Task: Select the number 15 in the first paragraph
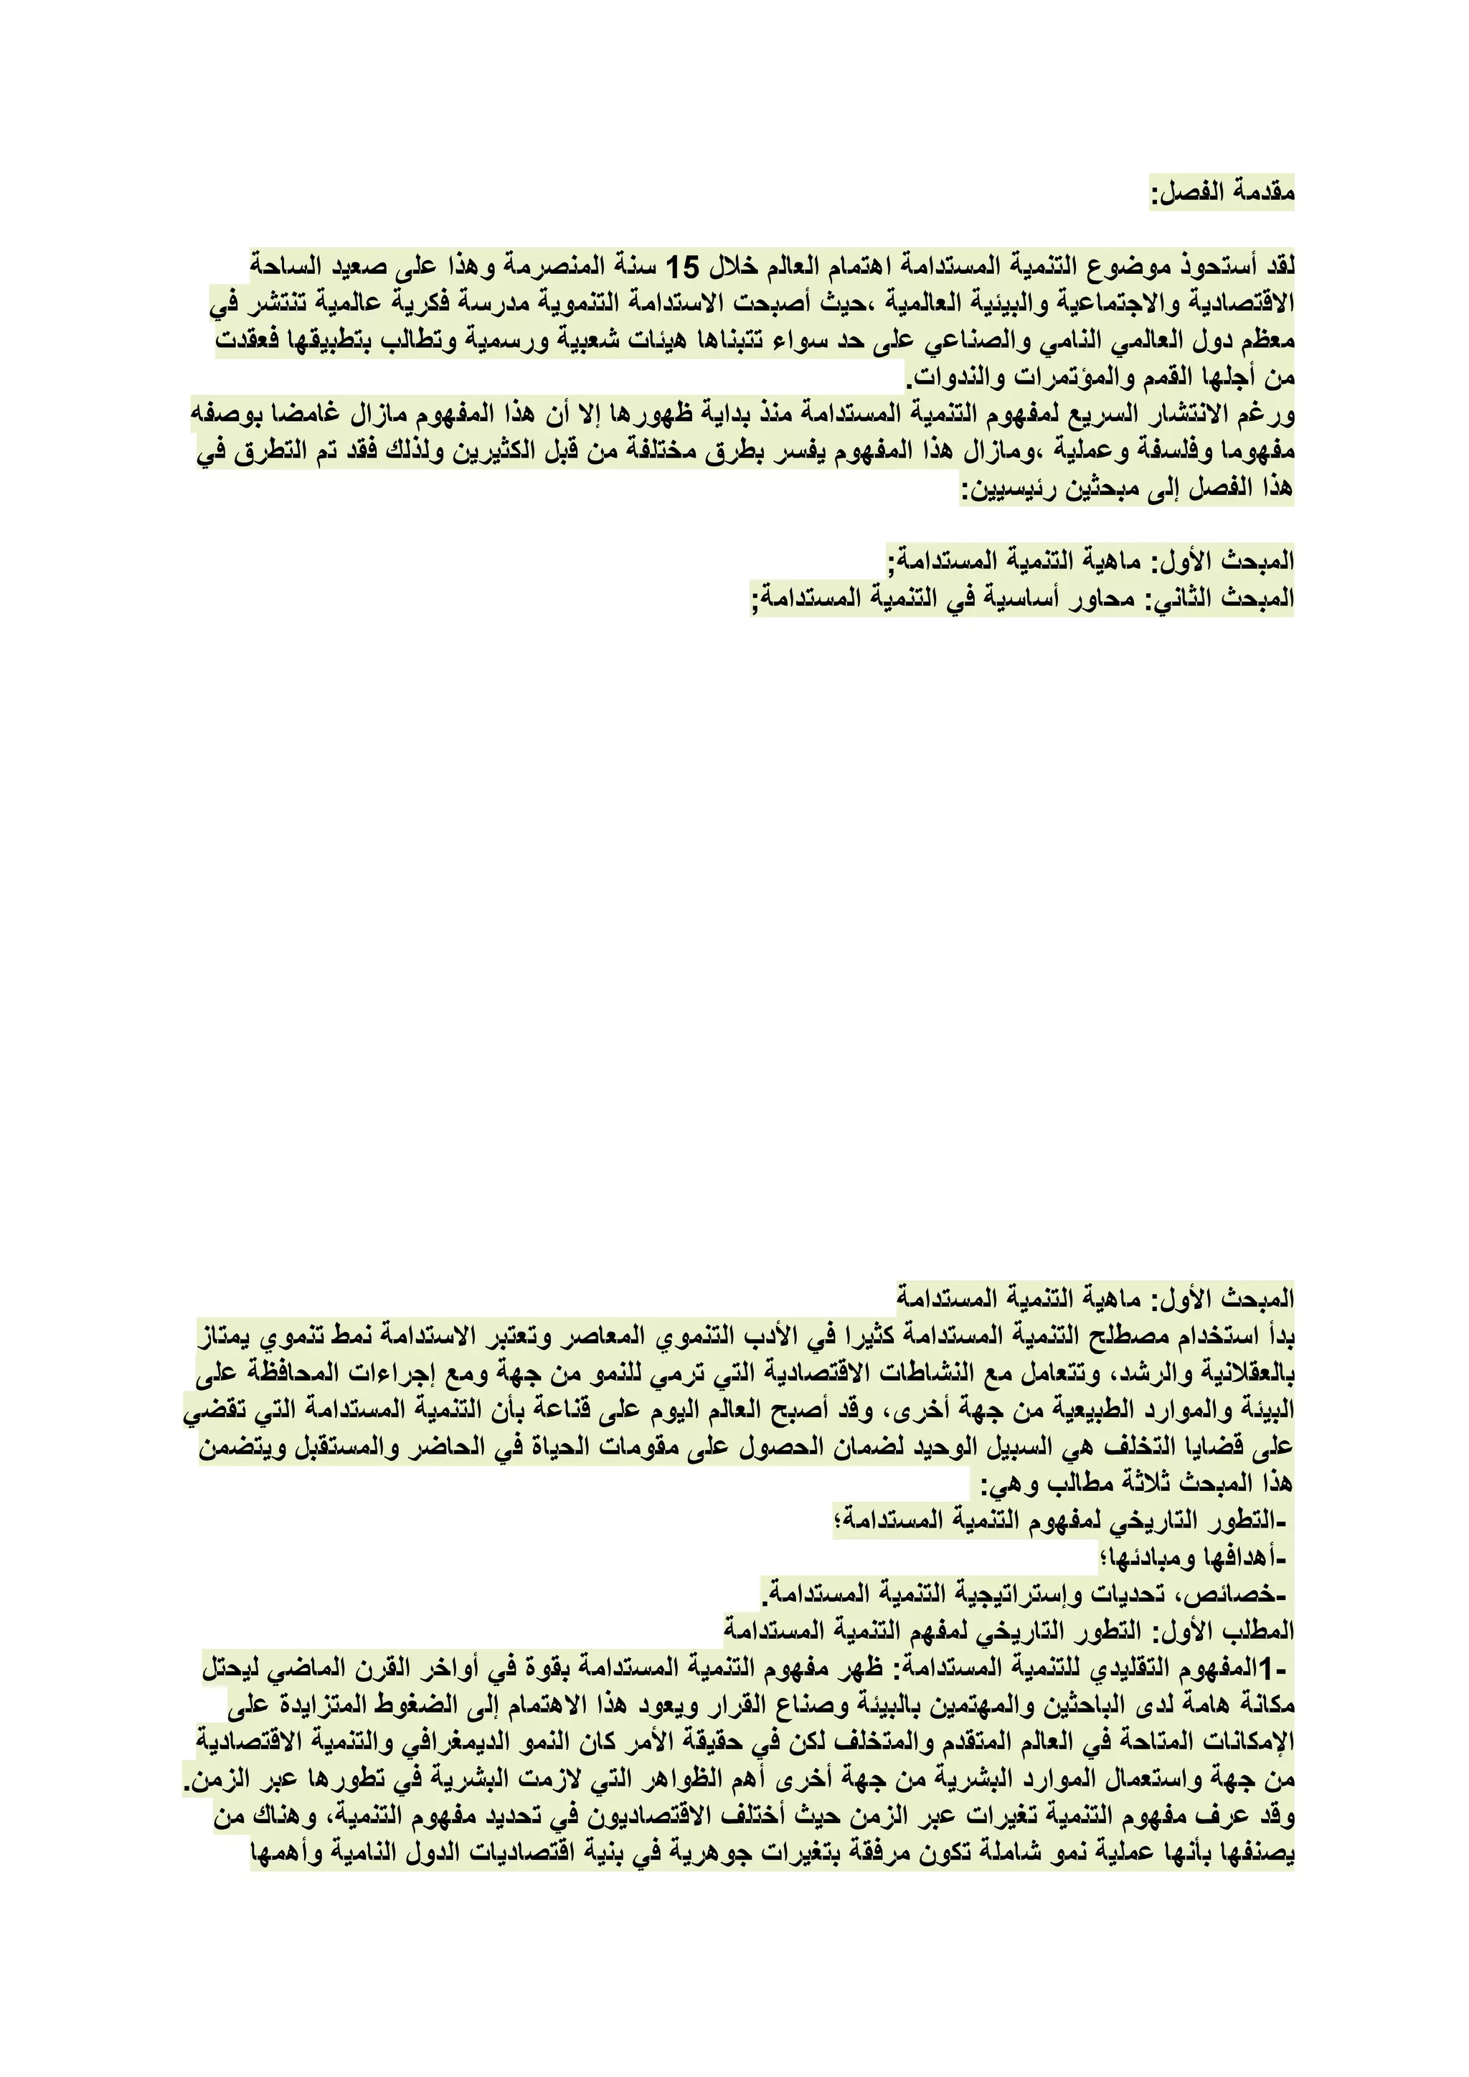[x=683, y=267]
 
